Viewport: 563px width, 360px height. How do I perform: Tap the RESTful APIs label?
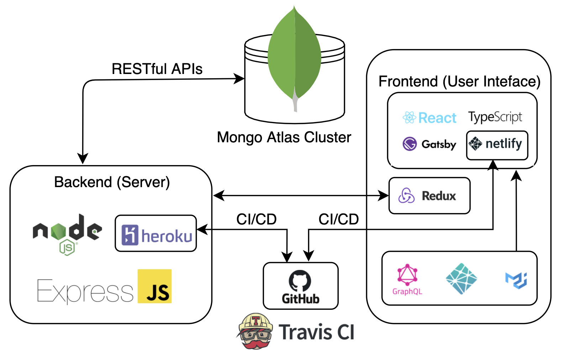coord(157,69)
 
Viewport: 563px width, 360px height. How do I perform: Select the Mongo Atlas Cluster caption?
coord(284,137)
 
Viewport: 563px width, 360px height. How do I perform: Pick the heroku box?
coord(156,234)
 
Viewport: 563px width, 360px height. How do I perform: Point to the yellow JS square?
coord(154,286)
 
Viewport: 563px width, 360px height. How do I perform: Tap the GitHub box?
coord(300,286)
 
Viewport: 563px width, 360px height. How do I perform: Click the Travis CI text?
coord(316,332)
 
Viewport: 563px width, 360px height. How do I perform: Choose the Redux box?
coord(429,196)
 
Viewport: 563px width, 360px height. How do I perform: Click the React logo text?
coord(430,118)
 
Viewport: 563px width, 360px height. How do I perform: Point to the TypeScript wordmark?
coord(495,117)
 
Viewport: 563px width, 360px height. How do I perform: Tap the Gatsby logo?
coord(429,144)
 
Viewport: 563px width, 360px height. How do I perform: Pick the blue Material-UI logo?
coord(516,280)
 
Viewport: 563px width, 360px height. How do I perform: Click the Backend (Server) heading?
coord(112,182)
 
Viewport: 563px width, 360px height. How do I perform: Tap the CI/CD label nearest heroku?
coord(256,219)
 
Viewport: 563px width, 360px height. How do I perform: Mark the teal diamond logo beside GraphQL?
coord(461,279)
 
